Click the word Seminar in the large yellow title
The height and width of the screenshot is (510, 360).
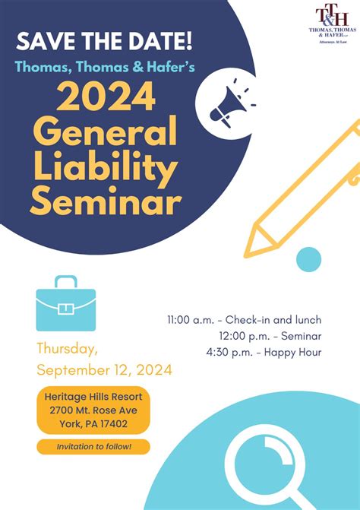point(106,203)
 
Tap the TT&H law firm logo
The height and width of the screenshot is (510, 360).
point(329,21)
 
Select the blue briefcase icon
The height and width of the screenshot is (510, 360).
point(66,303)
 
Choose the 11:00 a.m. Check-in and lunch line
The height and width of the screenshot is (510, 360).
point(244,319)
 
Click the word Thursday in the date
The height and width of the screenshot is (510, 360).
point(67,350)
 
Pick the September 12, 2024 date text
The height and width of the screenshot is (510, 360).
point(104,370)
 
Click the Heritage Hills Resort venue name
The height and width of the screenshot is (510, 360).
point(93,398)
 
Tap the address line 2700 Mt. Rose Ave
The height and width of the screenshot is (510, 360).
point(93,410)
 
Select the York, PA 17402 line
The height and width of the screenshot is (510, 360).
point(93,423)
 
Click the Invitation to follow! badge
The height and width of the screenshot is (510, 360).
point(93,447)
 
